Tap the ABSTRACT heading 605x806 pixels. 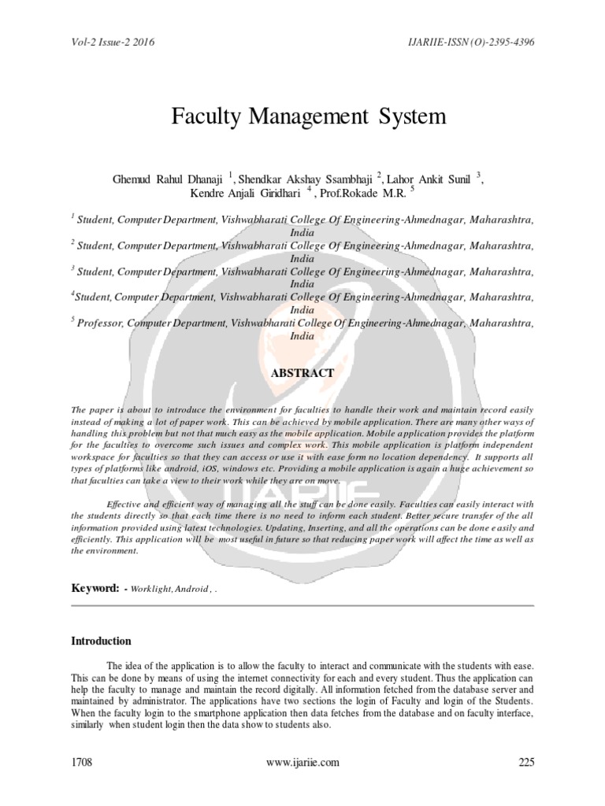coord(302,373)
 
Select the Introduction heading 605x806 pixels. coord(102,641)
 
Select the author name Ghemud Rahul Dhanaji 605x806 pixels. coord(168,179)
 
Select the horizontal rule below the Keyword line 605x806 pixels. coord(302,605)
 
